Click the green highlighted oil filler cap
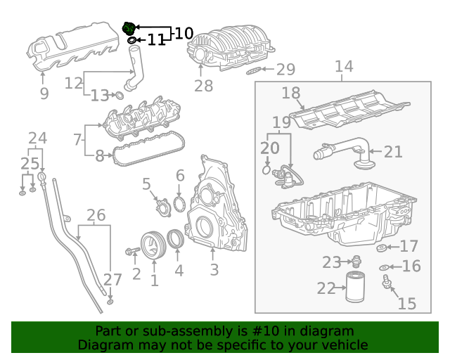point(129,29)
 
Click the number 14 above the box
point(343,67)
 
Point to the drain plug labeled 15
point(386,283)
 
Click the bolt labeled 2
point(132,250)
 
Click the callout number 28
point(203,86)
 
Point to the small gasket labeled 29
point(255,70)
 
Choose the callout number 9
point(44,94)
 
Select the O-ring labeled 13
point(119,95)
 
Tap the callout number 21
point(393,151)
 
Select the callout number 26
point(96,214)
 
